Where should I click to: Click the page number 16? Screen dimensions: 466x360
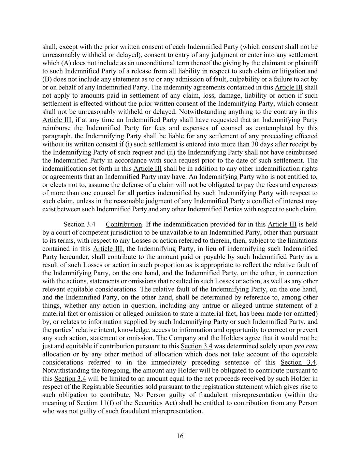click(180, 436)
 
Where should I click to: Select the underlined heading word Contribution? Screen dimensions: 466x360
click(124, 224)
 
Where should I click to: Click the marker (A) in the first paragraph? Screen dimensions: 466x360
click(66, 63)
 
